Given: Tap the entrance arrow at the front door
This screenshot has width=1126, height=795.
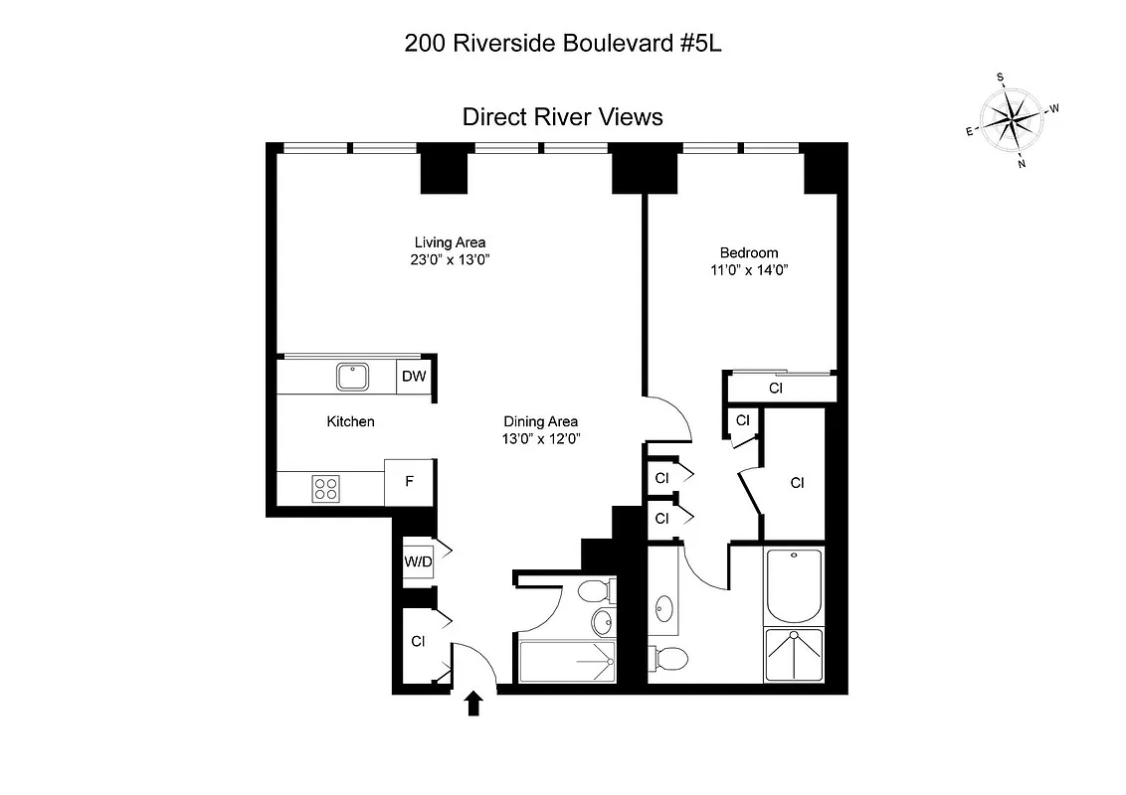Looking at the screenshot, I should coord(474,703).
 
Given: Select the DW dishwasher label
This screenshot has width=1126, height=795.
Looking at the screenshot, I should coord(416,377).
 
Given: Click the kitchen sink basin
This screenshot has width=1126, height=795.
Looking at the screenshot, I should coord(352,377).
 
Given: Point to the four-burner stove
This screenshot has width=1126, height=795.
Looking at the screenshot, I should coord(326,487).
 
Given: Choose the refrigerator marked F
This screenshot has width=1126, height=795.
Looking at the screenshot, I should coord(408,482).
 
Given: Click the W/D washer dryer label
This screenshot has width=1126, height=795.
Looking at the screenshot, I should coord(418,562).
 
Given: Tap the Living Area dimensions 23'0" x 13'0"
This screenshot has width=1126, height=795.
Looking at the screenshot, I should coord(450,259).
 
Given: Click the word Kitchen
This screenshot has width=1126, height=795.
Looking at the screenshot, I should coord(351,421).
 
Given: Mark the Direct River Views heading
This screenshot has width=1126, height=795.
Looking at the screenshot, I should coord(562,117).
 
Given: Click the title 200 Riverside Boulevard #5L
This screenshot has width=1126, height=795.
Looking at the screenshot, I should coord(562,43).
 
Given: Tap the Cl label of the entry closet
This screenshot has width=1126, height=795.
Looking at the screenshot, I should coord(418,642).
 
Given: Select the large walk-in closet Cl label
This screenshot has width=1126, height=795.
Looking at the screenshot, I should coord(797,483).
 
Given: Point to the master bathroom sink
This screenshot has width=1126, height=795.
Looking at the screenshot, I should coord(663,607).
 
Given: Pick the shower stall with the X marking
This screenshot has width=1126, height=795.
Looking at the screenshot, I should coord(794,654).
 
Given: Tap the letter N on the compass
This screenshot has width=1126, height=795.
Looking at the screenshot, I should coord(1022,164).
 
